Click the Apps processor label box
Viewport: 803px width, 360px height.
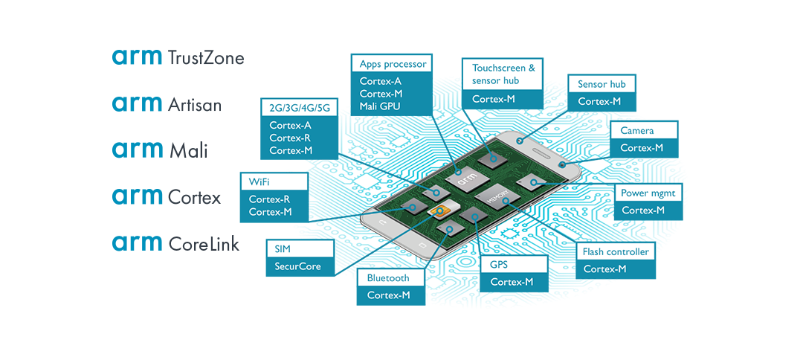point(393,64)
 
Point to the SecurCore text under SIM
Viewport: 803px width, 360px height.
point(297,266)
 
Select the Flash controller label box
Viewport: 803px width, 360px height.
point(615,251)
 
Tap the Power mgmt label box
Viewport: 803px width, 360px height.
point(648,193)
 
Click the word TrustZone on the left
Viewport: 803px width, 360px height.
point(207,58)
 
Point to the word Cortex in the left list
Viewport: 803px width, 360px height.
point(196,197)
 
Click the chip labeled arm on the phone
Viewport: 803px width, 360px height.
point(464,178)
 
